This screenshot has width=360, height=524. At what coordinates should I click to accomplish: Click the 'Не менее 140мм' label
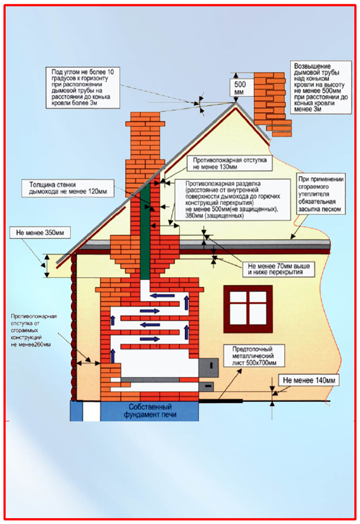click(308, 381)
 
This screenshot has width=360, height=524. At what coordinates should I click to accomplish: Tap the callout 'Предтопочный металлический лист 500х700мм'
click(249, 356)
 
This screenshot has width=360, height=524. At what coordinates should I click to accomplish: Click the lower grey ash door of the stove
click(207, 385)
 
